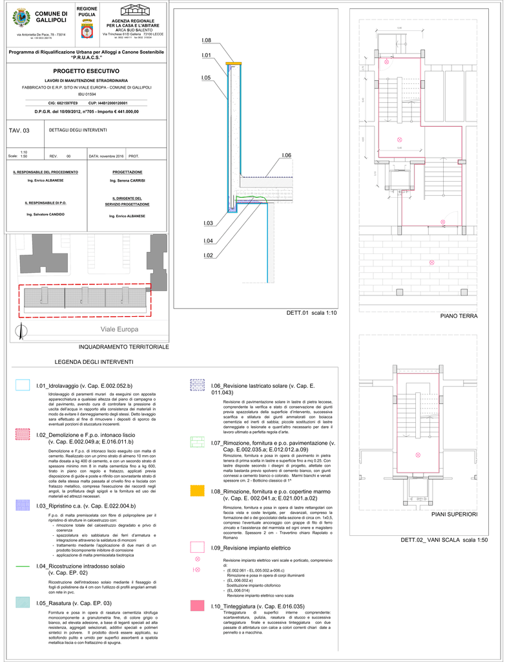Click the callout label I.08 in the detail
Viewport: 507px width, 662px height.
206,41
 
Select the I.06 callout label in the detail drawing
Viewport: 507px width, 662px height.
287,155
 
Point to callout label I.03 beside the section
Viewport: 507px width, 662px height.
208,223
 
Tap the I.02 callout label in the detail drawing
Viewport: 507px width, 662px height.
208,256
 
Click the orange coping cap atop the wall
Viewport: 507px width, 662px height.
233,63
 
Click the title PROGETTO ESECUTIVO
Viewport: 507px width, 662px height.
87,70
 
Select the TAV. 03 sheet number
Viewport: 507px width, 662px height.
19,131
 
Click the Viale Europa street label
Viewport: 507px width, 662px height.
119,330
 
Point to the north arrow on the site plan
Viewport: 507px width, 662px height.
24,331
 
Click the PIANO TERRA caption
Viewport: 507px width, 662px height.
459,316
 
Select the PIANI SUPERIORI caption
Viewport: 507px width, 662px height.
455,515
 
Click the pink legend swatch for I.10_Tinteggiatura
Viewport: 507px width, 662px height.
198,606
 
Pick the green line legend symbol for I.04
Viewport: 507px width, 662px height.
23,566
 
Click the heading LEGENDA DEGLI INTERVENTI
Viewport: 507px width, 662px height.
94,362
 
